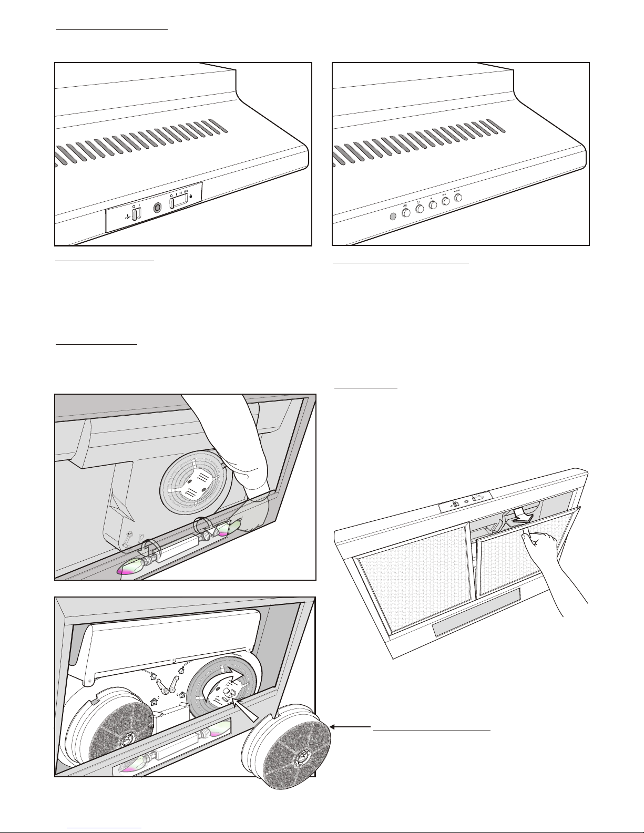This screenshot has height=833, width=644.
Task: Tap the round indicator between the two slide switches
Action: (157, 208)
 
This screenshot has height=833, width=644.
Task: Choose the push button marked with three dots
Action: (459, 198)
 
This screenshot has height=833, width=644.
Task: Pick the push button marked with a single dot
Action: (433, 205)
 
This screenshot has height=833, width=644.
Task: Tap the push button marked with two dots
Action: (446, 202)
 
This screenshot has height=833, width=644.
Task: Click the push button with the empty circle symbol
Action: (420, 209)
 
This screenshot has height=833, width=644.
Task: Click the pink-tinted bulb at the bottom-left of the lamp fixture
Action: (130, 567)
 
